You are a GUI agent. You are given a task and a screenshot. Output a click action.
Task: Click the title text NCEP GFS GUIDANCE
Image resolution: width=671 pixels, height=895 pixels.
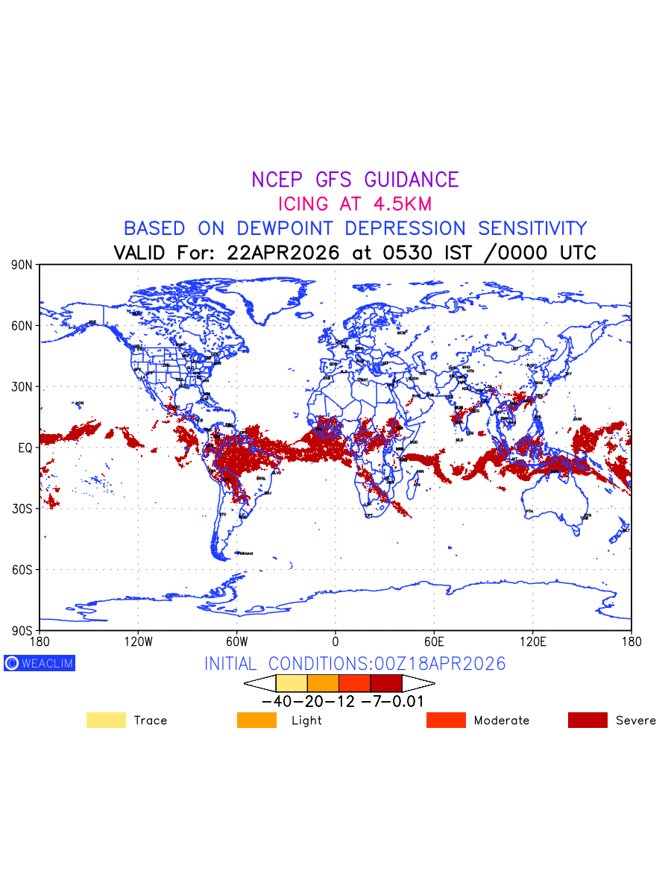355,180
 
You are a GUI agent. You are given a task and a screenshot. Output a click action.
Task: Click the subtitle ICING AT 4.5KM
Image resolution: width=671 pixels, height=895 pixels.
355,204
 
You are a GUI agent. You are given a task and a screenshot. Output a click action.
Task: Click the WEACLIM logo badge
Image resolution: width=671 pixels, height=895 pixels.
40,663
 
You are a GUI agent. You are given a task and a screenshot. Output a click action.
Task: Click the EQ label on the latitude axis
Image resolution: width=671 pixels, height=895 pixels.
25,447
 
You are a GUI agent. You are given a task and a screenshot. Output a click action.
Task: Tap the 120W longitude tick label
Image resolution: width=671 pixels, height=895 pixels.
138,641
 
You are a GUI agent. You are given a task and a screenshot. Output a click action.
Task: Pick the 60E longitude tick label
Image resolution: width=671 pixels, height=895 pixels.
434,641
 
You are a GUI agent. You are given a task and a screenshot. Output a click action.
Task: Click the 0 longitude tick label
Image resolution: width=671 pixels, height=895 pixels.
335,641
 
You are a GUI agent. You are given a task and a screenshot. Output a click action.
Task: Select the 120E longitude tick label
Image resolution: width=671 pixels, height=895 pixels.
532,641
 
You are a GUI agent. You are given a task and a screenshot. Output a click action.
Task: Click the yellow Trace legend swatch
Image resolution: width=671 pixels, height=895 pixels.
106,720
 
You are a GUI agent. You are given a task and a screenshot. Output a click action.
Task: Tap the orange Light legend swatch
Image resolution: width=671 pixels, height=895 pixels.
256,720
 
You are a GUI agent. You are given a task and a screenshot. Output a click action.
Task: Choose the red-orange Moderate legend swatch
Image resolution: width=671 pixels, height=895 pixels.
446,720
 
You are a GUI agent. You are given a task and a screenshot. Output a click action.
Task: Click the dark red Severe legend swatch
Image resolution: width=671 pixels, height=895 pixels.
587,720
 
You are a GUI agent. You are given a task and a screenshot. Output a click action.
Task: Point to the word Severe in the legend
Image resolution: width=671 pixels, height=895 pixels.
636,720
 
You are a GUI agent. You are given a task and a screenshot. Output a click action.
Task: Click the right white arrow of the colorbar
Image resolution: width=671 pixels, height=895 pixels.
418,683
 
